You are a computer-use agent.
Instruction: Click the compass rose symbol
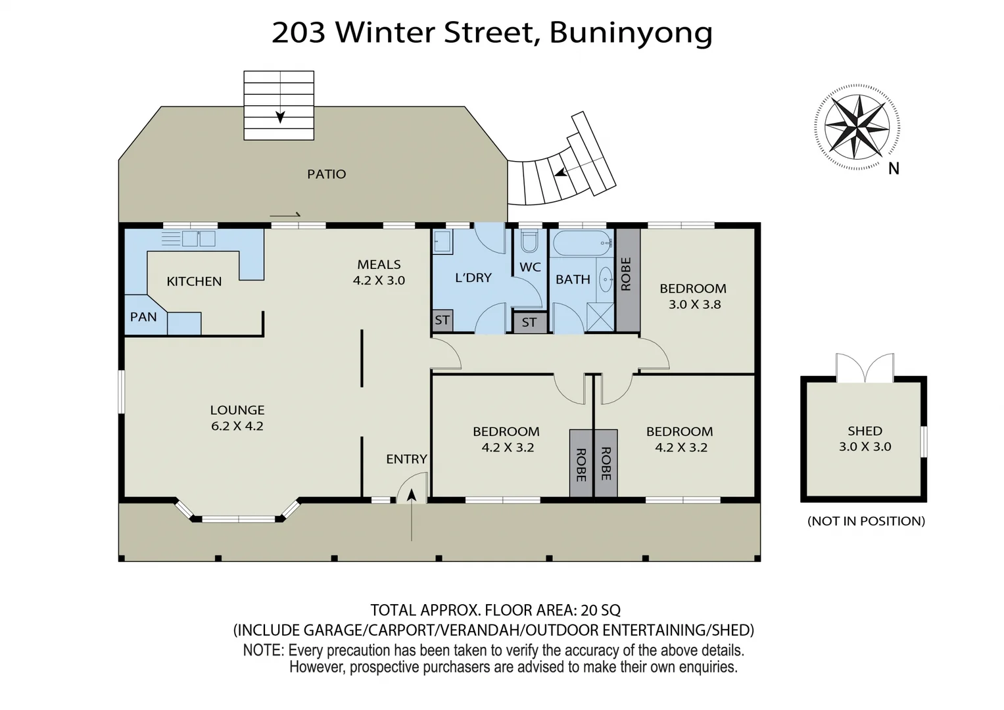click(857, 127)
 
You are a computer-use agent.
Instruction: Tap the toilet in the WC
click(529, 242)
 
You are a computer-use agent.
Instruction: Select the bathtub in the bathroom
click(583, 244)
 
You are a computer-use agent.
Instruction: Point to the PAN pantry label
click(143, 317)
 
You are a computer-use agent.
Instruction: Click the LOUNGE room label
click(237, 410)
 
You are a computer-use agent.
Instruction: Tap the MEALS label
click(379, 264)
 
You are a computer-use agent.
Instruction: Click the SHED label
click(865, 431)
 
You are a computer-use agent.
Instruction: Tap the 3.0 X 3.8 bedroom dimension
click(694, 304)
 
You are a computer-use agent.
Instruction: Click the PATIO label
click(326, 174)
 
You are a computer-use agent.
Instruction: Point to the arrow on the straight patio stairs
click(280, 116)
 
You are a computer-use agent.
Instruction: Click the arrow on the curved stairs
click(561, 173)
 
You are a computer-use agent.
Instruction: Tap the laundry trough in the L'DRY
click(442, 241)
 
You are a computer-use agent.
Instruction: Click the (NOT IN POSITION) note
click(866, 521)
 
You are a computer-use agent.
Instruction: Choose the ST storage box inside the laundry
click(442, 320)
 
